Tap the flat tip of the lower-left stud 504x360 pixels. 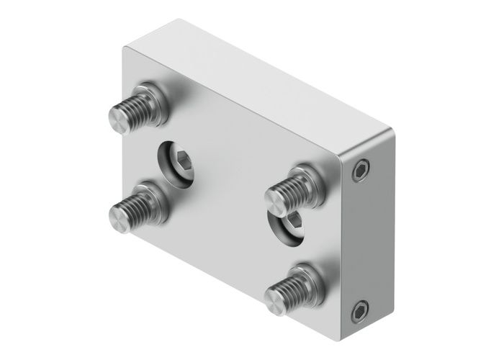coord(119,213)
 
